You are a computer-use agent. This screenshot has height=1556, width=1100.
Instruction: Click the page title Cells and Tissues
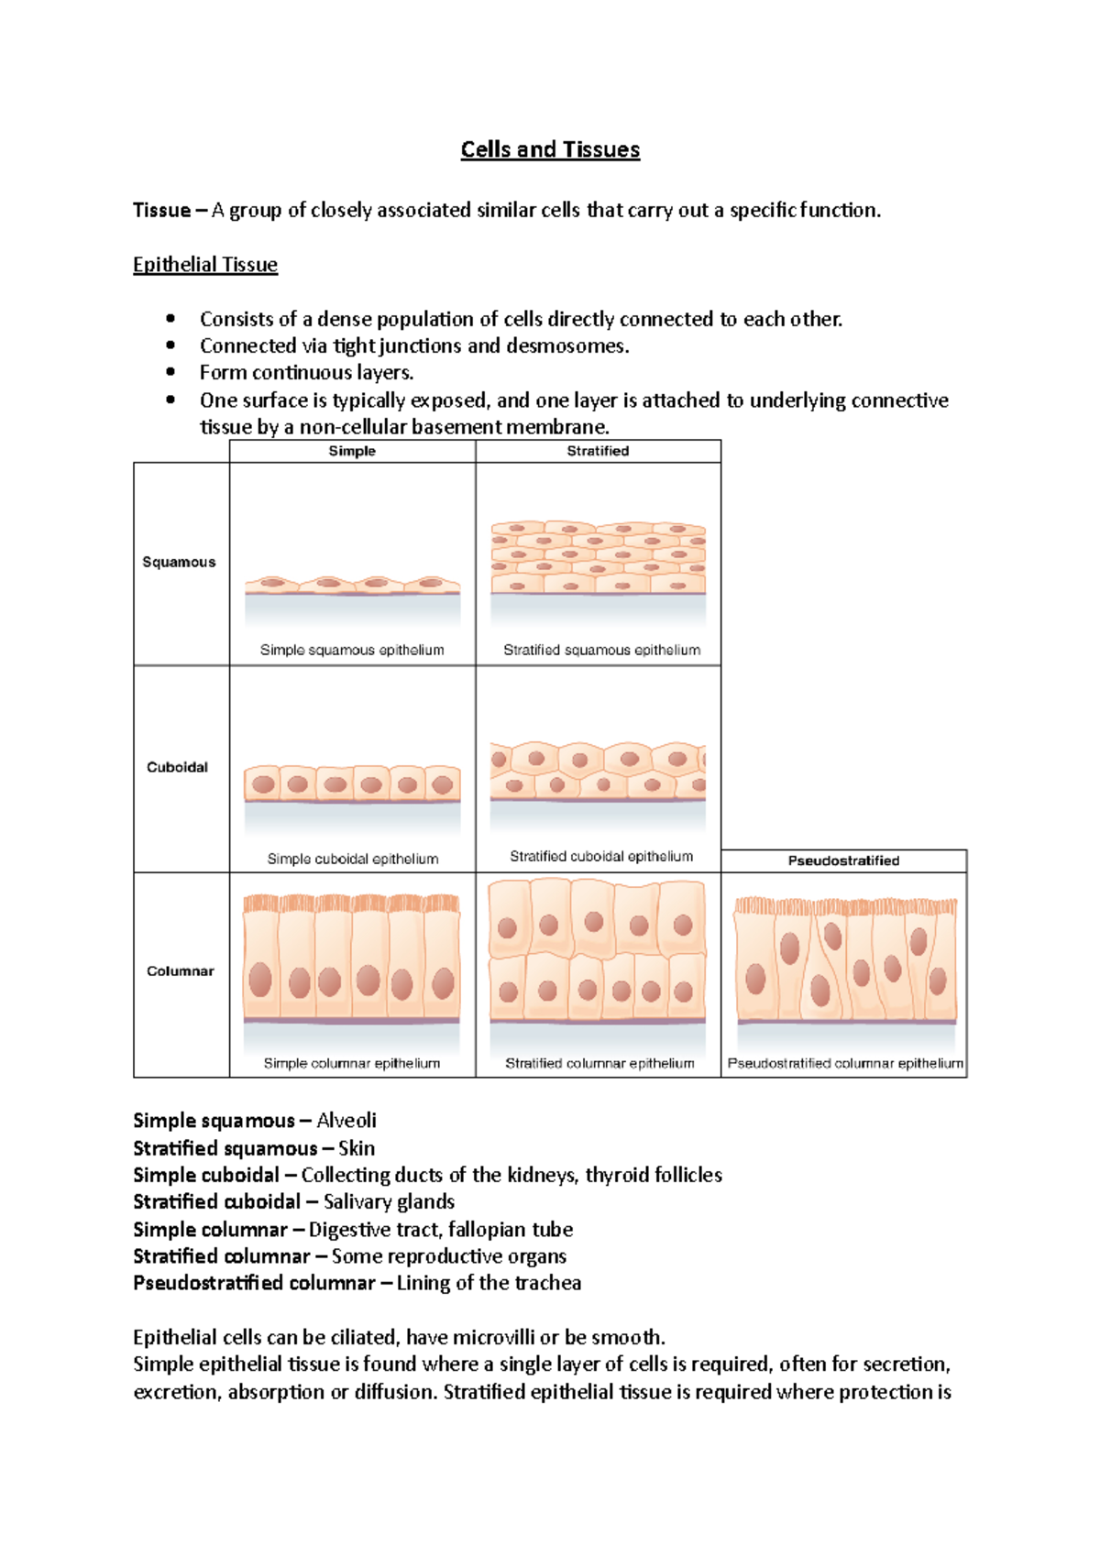click(550, 149)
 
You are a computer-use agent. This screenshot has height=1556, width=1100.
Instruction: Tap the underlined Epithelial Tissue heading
click(205, 265)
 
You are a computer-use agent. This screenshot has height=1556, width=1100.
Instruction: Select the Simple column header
click(352, 451)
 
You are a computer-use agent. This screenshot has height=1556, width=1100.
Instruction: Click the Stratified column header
click(598, 451)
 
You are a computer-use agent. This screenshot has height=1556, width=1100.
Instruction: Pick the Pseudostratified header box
click(843, 860)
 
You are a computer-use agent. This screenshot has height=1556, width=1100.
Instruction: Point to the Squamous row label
click(179, 562)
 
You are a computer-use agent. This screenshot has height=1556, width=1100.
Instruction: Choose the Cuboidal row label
click(178, 767)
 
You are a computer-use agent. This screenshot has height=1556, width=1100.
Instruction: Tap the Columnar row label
click(181, 971)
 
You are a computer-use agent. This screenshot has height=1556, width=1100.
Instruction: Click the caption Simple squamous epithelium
click(352, 650)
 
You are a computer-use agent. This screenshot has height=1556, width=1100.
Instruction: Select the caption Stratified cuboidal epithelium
click(601, 856)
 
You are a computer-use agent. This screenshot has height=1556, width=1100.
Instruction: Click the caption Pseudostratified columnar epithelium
click(845, 1063)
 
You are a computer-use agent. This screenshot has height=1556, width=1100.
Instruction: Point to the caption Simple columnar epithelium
click(352, 1063)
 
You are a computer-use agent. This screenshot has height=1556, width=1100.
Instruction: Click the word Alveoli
click(346, 1121)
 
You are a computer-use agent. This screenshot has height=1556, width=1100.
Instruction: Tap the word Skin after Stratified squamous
click(357, 1148)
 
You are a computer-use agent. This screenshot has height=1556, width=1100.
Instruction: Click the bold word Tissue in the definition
click(161, 211)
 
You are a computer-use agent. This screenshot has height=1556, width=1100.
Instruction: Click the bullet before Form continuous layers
click(170, 372)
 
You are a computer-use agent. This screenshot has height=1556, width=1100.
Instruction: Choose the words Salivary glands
click(389, 1201)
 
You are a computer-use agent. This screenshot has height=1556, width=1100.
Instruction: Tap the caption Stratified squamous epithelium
click(601, 650)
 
